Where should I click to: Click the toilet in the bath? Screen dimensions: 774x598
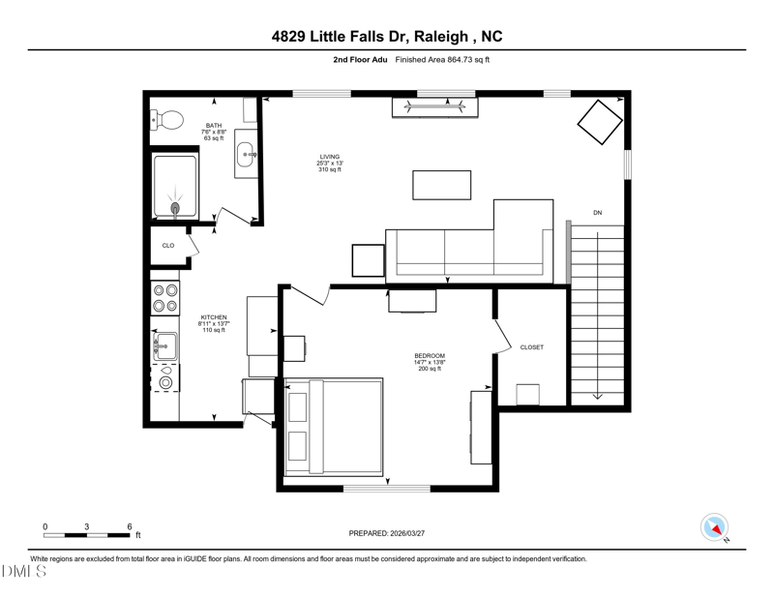tap(166, 120)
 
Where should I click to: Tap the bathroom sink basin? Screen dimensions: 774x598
tap(246, 155)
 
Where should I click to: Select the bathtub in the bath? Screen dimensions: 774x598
tap(175, 187)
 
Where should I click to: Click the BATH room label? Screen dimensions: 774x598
tap(214, 126)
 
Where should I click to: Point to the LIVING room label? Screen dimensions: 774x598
tap(329, 157)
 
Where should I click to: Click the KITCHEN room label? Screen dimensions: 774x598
tap(214, 317)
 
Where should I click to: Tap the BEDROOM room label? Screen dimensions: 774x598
tap(430, 355)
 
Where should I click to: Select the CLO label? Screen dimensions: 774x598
tap(168, 246)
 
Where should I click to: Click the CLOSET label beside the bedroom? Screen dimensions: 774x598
tap(531, 347)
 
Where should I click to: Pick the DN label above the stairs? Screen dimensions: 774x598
tap(597, 213)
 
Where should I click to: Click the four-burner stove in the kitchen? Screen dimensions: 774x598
tap(164, 298)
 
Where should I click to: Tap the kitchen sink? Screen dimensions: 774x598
tap(164, 346)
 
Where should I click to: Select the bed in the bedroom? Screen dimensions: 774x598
tap(334, 427)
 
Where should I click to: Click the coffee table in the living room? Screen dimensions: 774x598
tap(442, 185)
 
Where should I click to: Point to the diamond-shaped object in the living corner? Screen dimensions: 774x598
tap(600, 122)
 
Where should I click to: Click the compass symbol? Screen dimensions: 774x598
tap(714, 527)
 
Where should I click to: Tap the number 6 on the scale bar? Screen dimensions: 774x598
tap(130, 526)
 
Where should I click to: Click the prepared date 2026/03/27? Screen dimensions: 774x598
tap(407, 533)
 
